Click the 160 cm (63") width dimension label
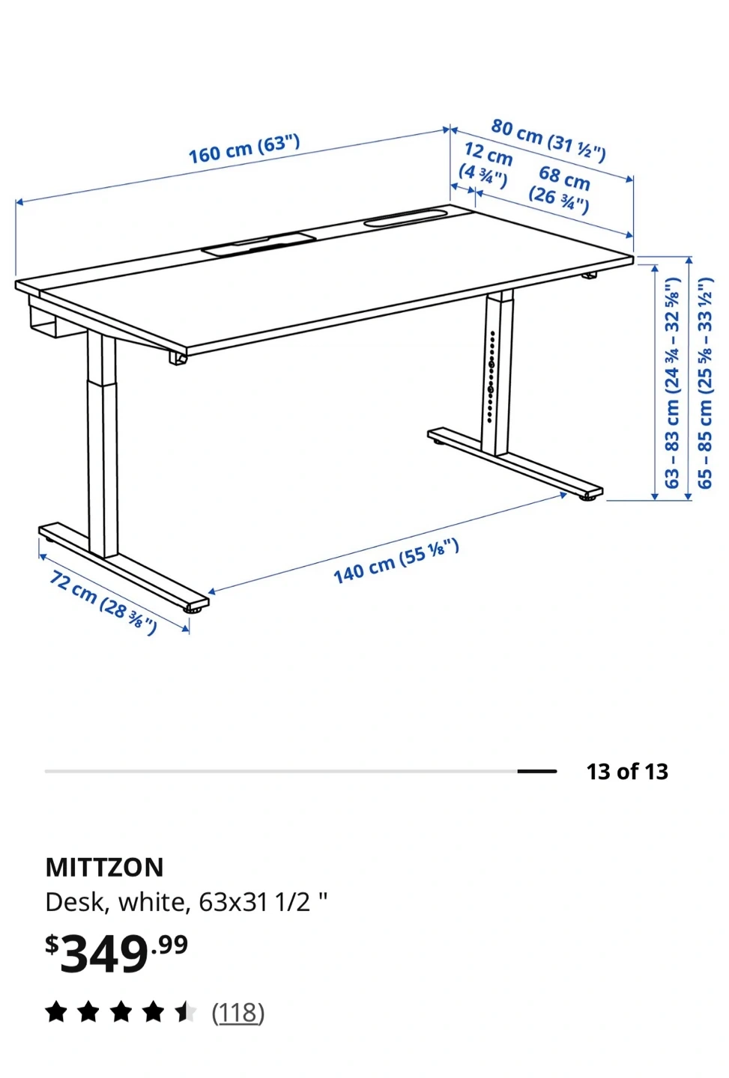[244, 149]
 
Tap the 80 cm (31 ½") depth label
[548, 140]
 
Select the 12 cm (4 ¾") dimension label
[486, 165]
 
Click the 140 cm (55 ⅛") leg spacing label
[396, 561]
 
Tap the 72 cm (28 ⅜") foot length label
[103, 602]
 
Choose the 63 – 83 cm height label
[672, 383]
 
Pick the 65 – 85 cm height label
[704, 383]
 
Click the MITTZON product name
[104, 867]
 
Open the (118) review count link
[238, 1013]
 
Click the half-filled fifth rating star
[185, 1011]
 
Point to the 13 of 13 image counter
[627, 771]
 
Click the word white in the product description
[151, 901]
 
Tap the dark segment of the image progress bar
[537, 771]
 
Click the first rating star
[56, 1011]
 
